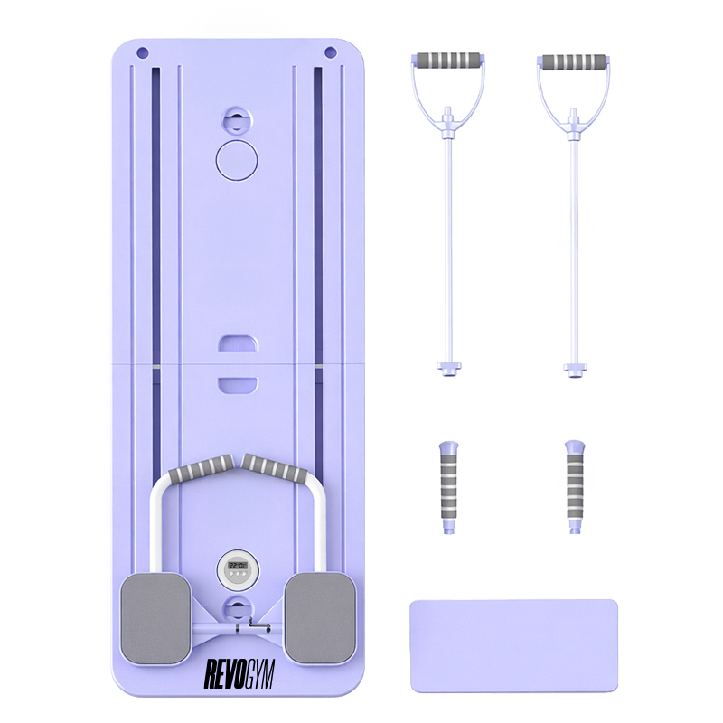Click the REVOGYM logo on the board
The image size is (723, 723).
(x=239, y=673)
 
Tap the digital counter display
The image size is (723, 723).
(x=238, y=570)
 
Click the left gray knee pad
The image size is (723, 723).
(x=155, y=619)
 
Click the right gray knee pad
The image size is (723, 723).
(x=321, y=618)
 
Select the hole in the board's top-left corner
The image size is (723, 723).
(x=143, y=52)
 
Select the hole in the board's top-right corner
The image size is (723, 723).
(x=330, y=52)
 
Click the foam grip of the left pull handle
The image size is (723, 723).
(x=448, y=61)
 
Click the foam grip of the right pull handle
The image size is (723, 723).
(x=574, y=61)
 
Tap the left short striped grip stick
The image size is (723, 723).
(x=448, y=488)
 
